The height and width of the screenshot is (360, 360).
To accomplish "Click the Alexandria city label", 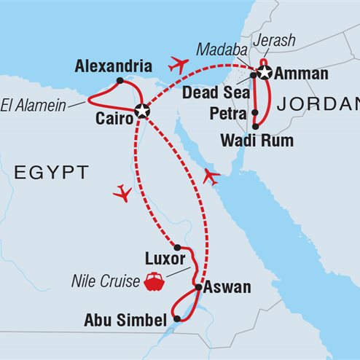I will coord(112,66).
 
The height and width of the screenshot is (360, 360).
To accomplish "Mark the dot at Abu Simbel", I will coord(177,318).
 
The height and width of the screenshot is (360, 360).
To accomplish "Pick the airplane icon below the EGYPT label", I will coord(123,193).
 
